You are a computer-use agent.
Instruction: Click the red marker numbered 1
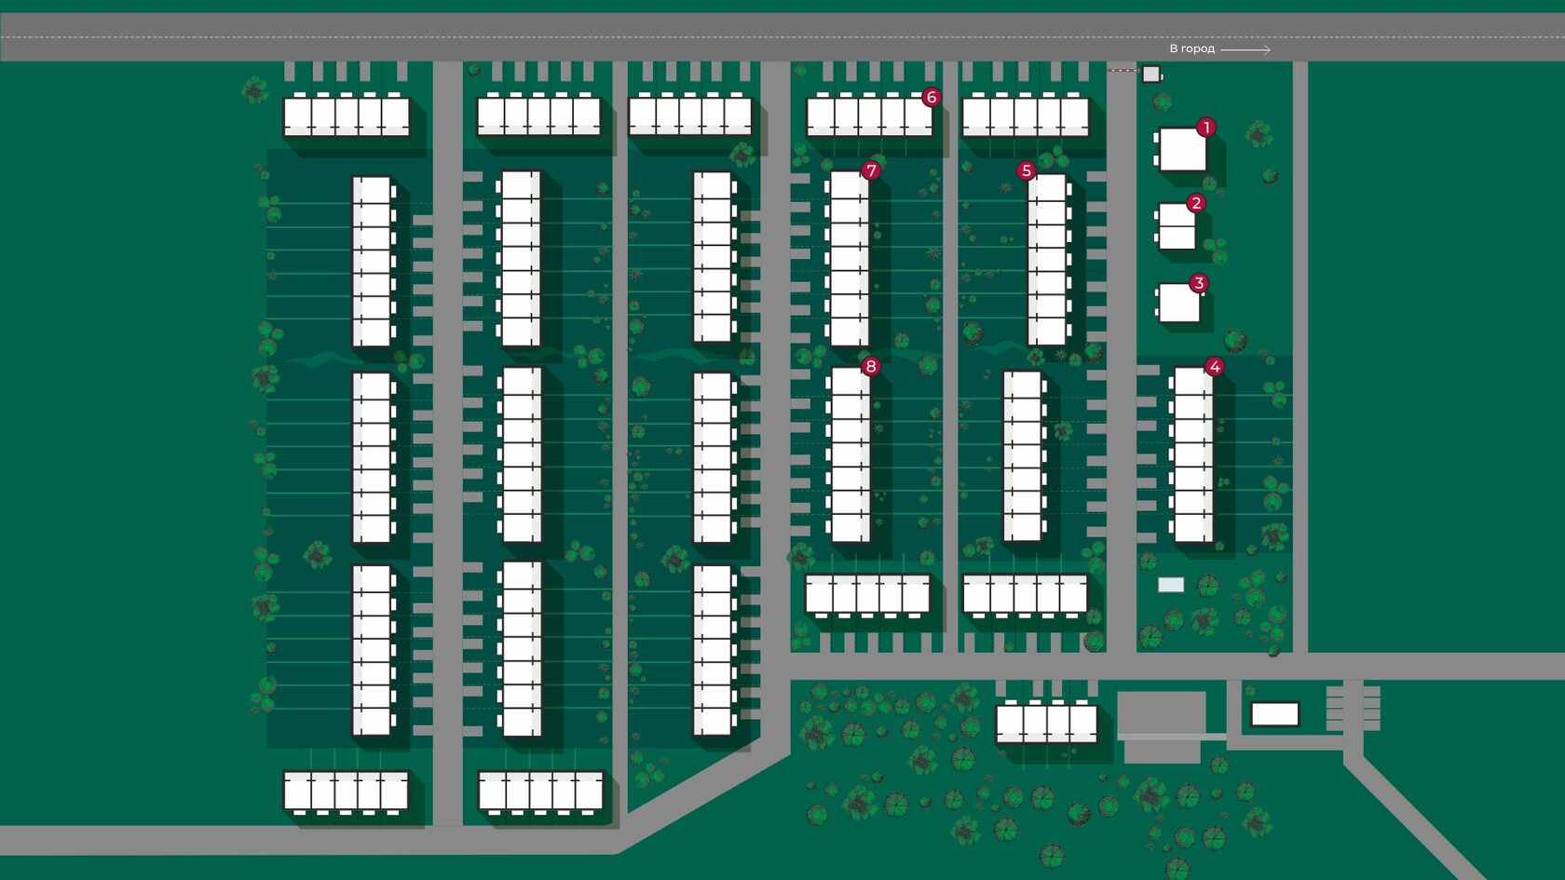point(1206,128)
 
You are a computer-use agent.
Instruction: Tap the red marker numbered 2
point(1196,203)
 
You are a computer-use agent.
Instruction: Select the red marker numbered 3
point(1199,283)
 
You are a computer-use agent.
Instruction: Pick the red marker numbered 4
point(1214,367)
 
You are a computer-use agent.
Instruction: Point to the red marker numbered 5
point(1026,170)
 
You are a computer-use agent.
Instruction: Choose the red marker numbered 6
point(931,97)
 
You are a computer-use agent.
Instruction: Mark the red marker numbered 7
point(871,170)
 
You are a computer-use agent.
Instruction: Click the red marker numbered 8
point(871,366)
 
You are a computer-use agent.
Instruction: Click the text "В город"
point(1191,48)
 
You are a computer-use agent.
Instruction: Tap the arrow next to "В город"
point(1245,49)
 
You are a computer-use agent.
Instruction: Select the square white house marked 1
point(1182,150)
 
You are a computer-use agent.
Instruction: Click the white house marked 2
point(1177,227)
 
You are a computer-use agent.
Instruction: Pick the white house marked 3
point(1178,304)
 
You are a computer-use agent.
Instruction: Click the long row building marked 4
point(1193,455)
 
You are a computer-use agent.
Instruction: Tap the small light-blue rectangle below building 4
point(1171,585)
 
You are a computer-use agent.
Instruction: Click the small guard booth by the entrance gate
point(1151,74)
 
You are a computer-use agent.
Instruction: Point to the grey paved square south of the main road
point(1161,712)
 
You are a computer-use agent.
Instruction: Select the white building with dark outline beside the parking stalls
point(1274,714)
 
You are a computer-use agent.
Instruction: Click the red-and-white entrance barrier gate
point(1123,70)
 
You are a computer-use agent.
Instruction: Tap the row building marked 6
point(868,117)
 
